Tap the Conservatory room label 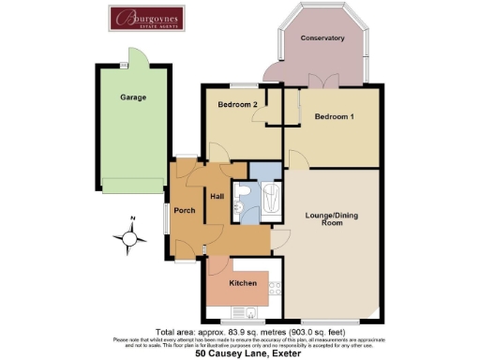tap(322, 38)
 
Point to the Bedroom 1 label tap(334, 117)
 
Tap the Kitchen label tap(243, 281)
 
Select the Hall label tap(217, 197)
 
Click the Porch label tap(185, 210)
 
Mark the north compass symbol tap(131, 237)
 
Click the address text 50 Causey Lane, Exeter tap(241, 354)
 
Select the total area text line tap(241, 331)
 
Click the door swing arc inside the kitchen tap(217, 267)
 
